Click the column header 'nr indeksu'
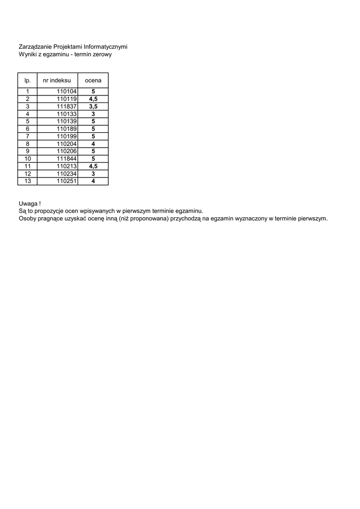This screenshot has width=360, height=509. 57,80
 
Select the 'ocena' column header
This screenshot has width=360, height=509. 93,80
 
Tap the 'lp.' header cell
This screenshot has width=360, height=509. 27,80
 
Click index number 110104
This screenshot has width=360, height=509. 66,91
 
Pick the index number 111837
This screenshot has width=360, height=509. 66,106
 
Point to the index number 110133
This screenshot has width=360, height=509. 66,114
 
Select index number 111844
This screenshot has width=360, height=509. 66,159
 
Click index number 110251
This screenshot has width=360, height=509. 66,181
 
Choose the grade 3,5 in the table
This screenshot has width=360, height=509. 93,106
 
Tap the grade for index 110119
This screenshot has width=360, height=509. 93,99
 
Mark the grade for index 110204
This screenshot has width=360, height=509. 93,144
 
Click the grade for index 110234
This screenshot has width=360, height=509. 93,173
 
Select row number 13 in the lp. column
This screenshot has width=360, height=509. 28,181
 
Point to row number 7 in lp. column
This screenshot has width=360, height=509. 28,136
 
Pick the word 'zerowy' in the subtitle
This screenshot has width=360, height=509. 101,55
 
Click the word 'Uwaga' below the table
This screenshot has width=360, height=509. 27,203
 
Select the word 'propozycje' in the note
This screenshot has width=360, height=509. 50,211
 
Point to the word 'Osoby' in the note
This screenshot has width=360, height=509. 27,218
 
